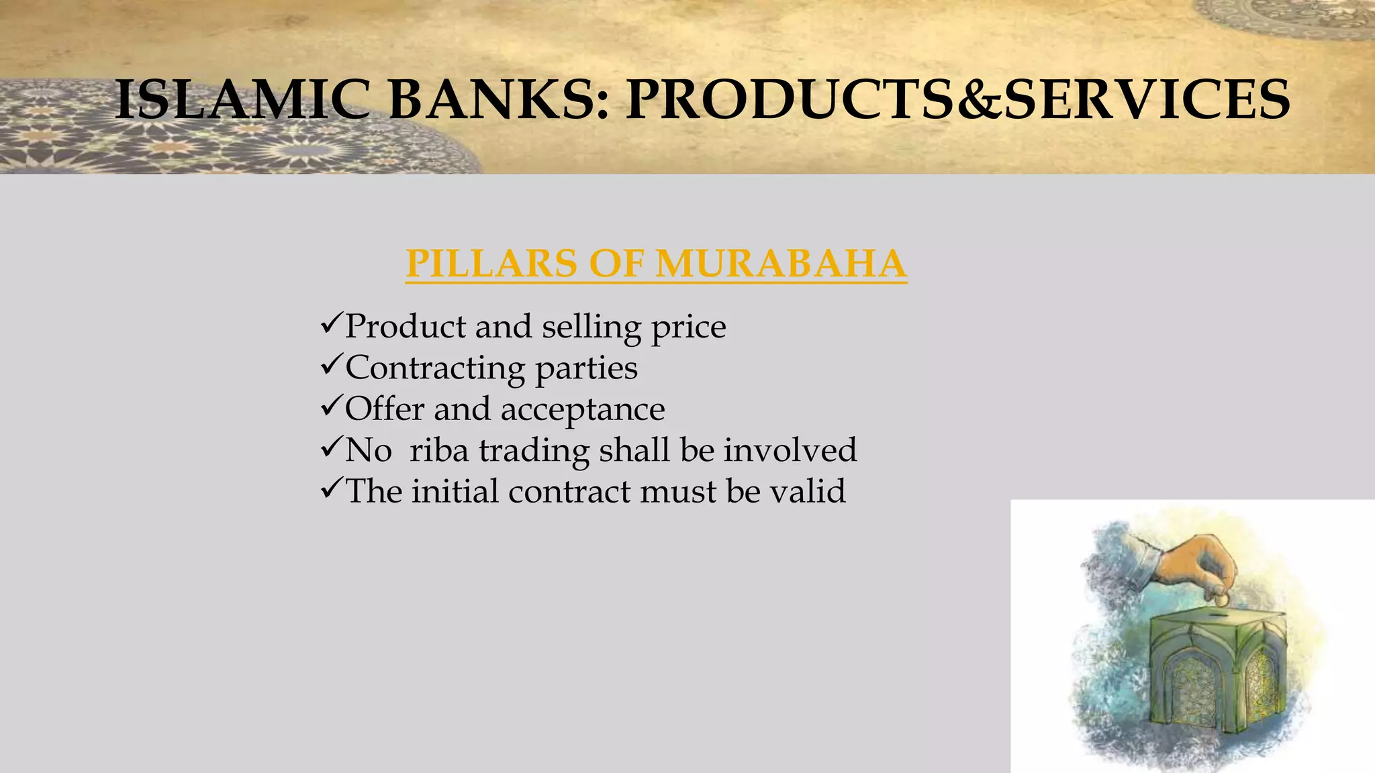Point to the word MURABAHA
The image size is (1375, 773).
(x=781, y=263)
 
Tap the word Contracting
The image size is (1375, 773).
(x=435, y=368)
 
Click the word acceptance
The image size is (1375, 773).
(x=583, y=410)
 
